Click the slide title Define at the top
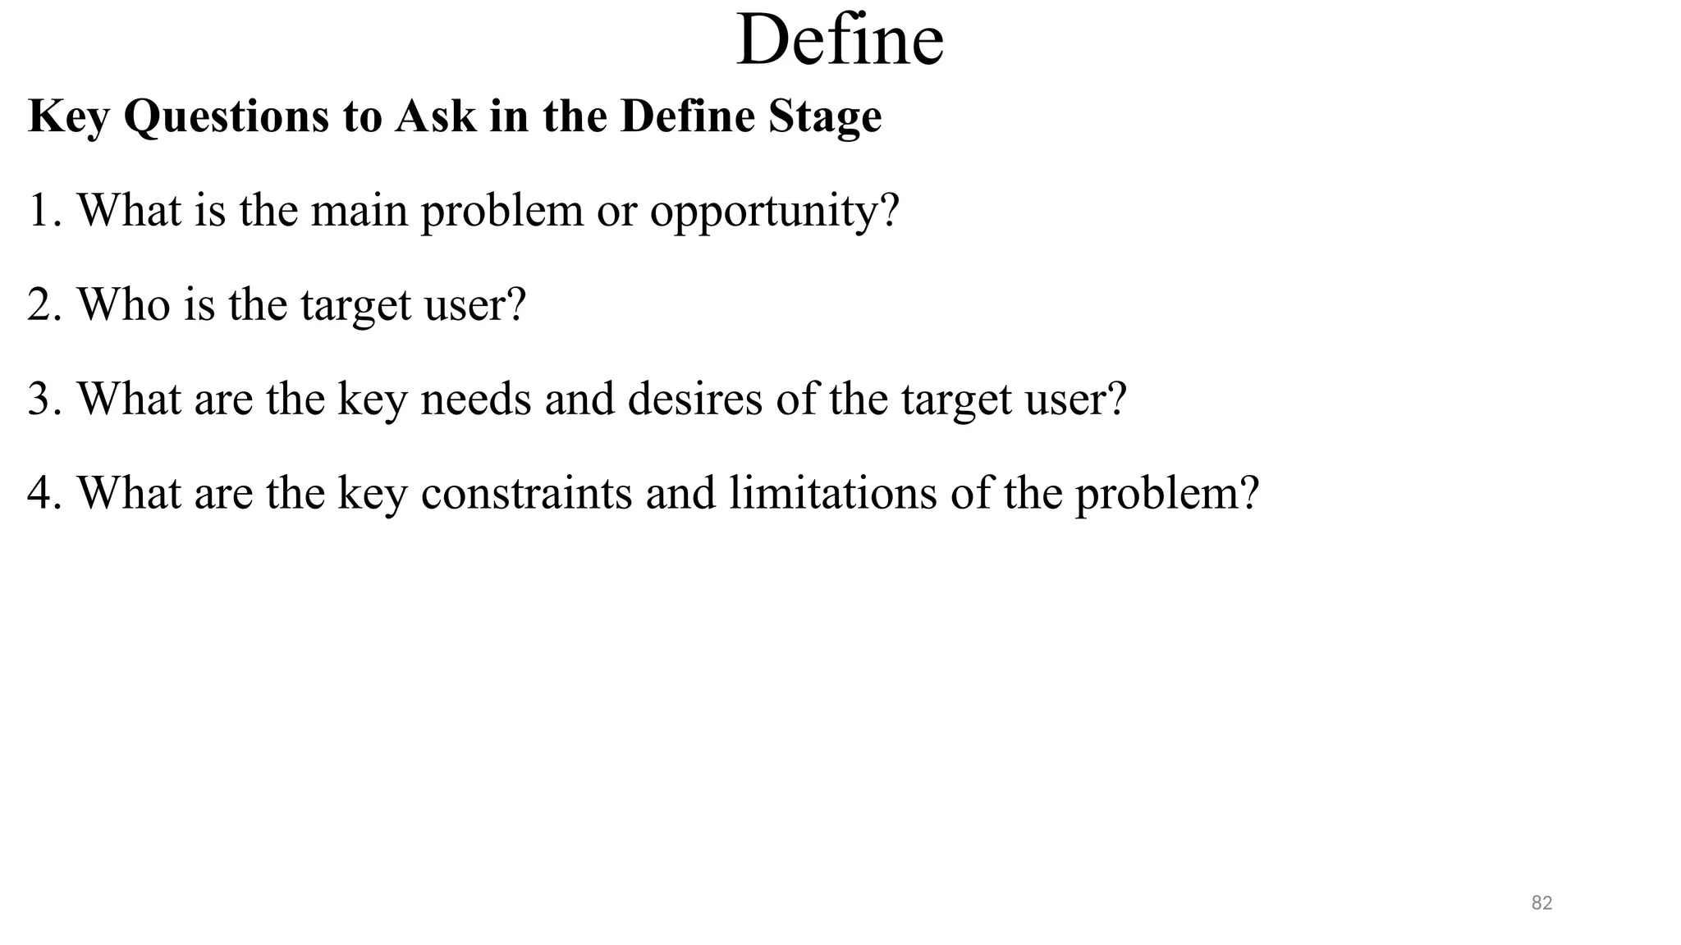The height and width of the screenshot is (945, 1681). coord(840,41)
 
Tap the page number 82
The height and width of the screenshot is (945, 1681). coord(1541,903)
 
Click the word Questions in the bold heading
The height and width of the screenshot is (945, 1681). coord(226,116)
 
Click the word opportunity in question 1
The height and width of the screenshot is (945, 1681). coord(774,212)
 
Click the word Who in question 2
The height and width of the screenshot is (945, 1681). coord(124,304)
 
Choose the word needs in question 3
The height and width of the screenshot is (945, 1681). coord(476,399)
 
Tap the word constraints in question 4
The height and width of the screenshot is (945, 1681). coord(526,493)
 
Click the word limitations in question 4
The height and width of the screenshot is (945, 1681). coord(832,493)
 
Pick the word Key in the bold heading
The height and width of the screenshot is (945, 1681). coord(68,116)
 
